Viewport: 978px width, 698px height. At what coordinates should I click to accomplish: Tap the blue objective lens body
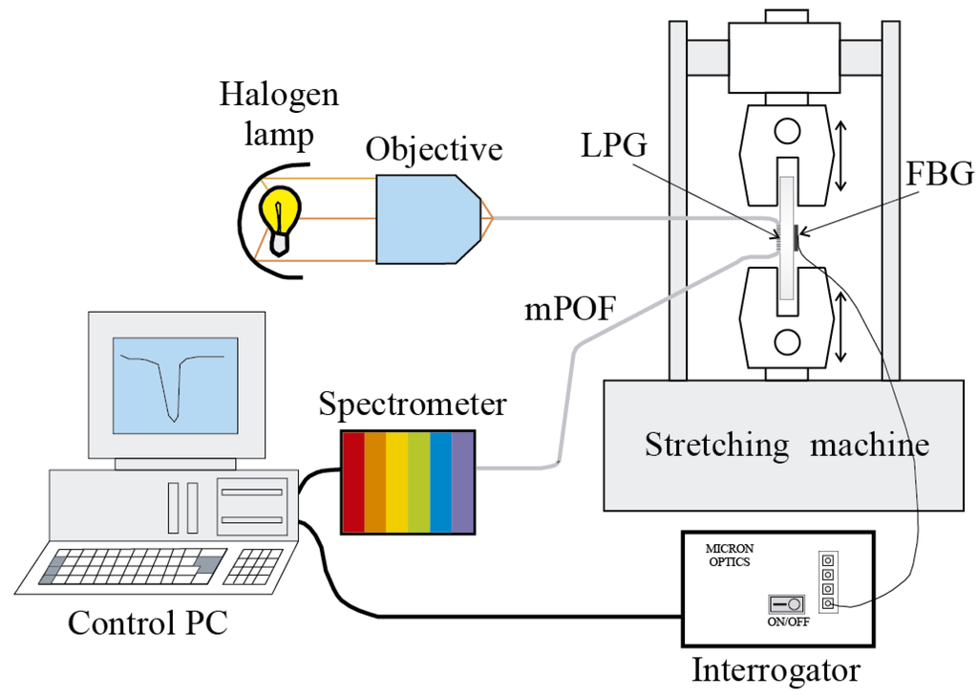(x=420, y=218)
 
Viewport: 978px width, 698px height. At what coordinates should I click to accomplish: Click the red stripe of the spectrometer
(x=353, y=482)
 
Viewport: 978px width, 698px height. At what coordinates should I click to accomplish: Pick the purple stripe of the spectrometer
(x=462, y=482)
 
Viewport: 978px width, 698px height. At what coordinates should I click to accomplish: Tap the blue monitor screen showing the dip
(x=175, y=382)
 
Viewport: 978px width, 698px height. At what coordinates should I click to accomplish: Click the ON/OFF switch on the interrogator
(x=788, y=605)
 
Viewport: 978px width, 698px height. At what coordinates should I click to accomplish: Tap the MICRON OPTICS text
(x=729, y=556)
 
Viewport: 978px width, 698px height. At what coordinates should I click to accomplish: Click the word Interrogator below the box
(x=776, y=669)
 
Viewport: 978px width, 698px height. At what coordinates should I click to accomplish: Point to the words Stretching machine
(x=786, y=444)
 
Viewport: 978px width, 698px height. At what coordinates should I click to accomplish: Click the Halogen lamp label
(x=279, y=114)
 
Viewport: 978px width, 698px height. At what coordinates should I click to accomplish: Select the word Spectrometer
(x=413, y=404)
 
